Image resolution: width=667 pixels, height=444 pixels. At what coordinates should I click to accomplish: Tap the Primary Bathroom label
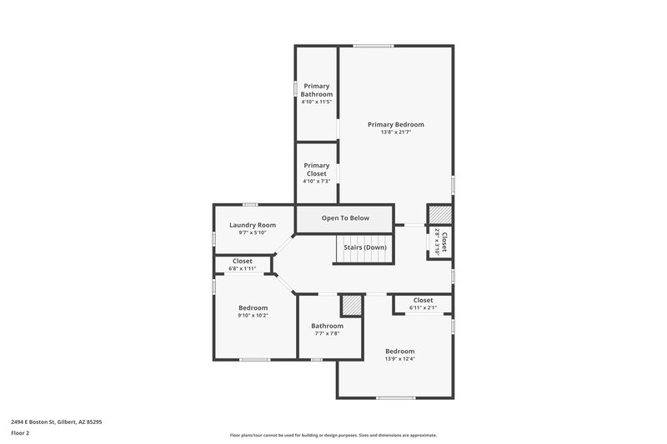317,90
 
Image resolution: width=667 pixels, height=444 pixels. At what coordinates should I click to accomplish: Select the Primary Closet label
317,169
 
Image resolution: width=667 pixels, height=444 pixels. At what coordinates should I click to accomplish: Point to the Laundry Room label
252,225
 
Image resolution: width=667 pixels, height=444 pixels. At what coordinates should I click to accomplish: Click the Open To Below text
345,218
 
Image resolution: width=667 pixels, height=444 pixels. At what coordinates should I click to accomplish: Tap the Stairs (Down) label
364,247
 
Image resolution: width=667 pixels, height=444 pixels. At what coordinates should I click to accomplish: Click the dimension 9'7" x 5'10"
252,233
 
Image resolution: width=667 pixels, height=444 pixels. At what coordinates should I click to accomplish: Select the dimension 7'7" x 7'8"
327,333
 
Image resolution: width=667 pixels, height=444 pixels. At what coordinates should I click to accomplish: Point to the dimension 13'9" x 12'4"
399,359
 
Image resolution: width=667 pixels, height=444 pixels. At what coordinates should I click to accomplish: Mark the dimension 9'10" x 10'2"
253,316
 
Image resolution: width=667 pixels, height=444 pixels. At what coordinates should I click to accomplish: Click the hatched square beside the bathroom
352,305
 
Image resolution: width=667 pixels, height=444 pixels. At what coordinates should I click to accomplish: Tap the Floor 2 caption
20,433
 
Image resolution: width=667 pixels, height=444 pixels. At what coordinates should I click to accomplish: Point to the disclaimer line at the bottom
333,435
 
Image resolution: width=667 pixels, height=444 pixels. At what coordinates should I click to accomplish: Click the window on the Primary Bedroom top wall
373,46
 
